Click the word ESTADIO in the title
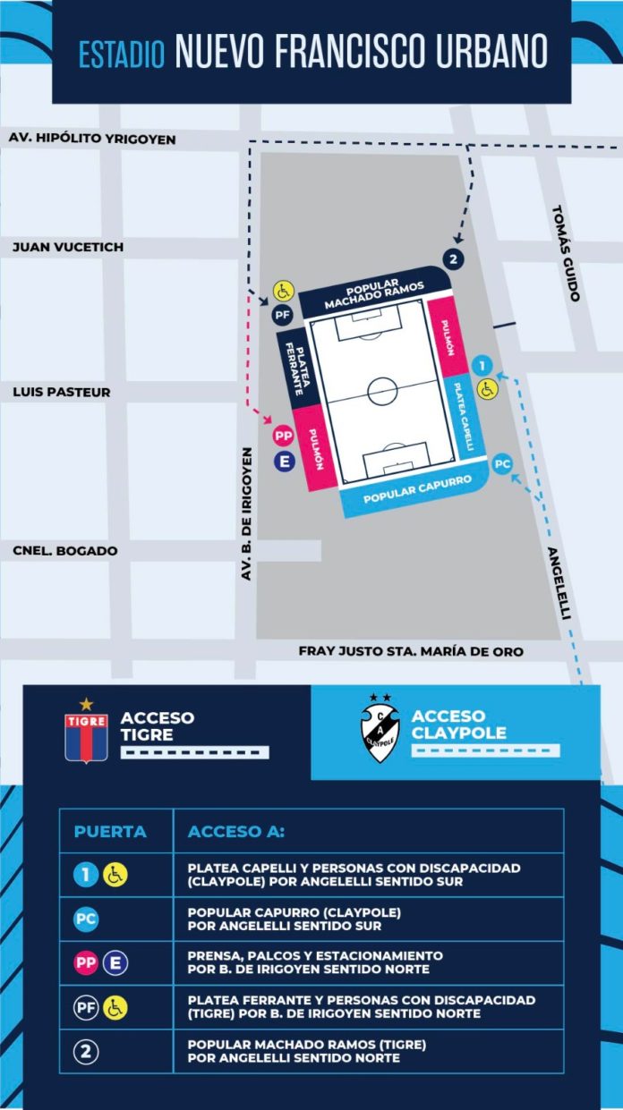pyautogui.click(x=122, y=54)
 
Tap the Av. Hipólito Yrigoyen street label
pyautogui.click(x=91, y=139)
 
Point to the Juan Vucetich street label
pyautogui.click(x=68, y=247)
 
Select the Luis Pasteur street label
pyautogui.click(x=62, y=392)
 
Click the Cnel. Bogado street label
pyautogui.click(x=65, y=551)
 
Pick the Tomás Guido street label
pyautogui.click(x=566, y=253)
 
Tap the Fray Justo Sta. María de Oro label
pyautogui.click(x=411, y=652)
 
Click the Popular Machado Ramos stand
pyautogui.click(x=374, y=293)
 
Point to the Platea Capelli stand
pyautogui.click(x=463, y=416)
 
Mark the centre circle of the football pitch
pyautogui.click(x=383, y=390)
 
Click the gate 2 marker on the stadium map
pyautogui.click(x=455, y=259)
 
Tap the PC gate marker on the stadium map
pyautogui.click(x=502, y=464)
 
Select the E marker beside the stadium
pyautogui.click(x=285, y=462)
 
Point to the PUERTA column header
pyautogui.click(x=111, y=831)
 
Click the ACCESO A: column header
pyautogui.click(x=236, y=831)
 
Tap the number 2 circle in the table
pyautogui.click(x=87, y=1051)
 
